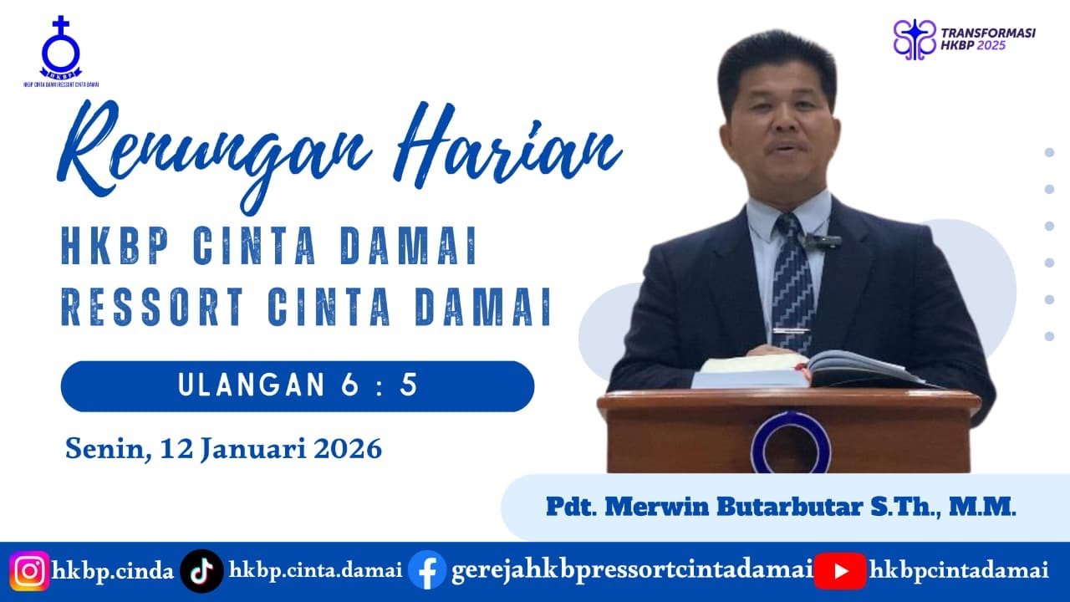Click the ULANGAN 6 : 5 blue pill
coord(298,385)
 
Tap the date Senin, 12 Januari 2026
coord(223,449)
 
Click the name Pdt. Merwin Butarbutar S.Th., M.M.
coord(781,507)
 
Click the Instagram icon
coord(30,572)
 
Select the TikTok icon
coord(201,572)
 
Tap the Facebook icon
coord(427,572)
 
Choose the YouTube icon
coord(839,572)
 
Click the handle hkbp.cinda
coord(113,572)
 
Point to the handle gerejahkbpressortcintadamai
coord(632,572)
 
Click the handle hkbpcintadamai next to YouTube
coord(958,572)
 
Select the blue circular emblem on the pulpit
coord(790,441)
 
